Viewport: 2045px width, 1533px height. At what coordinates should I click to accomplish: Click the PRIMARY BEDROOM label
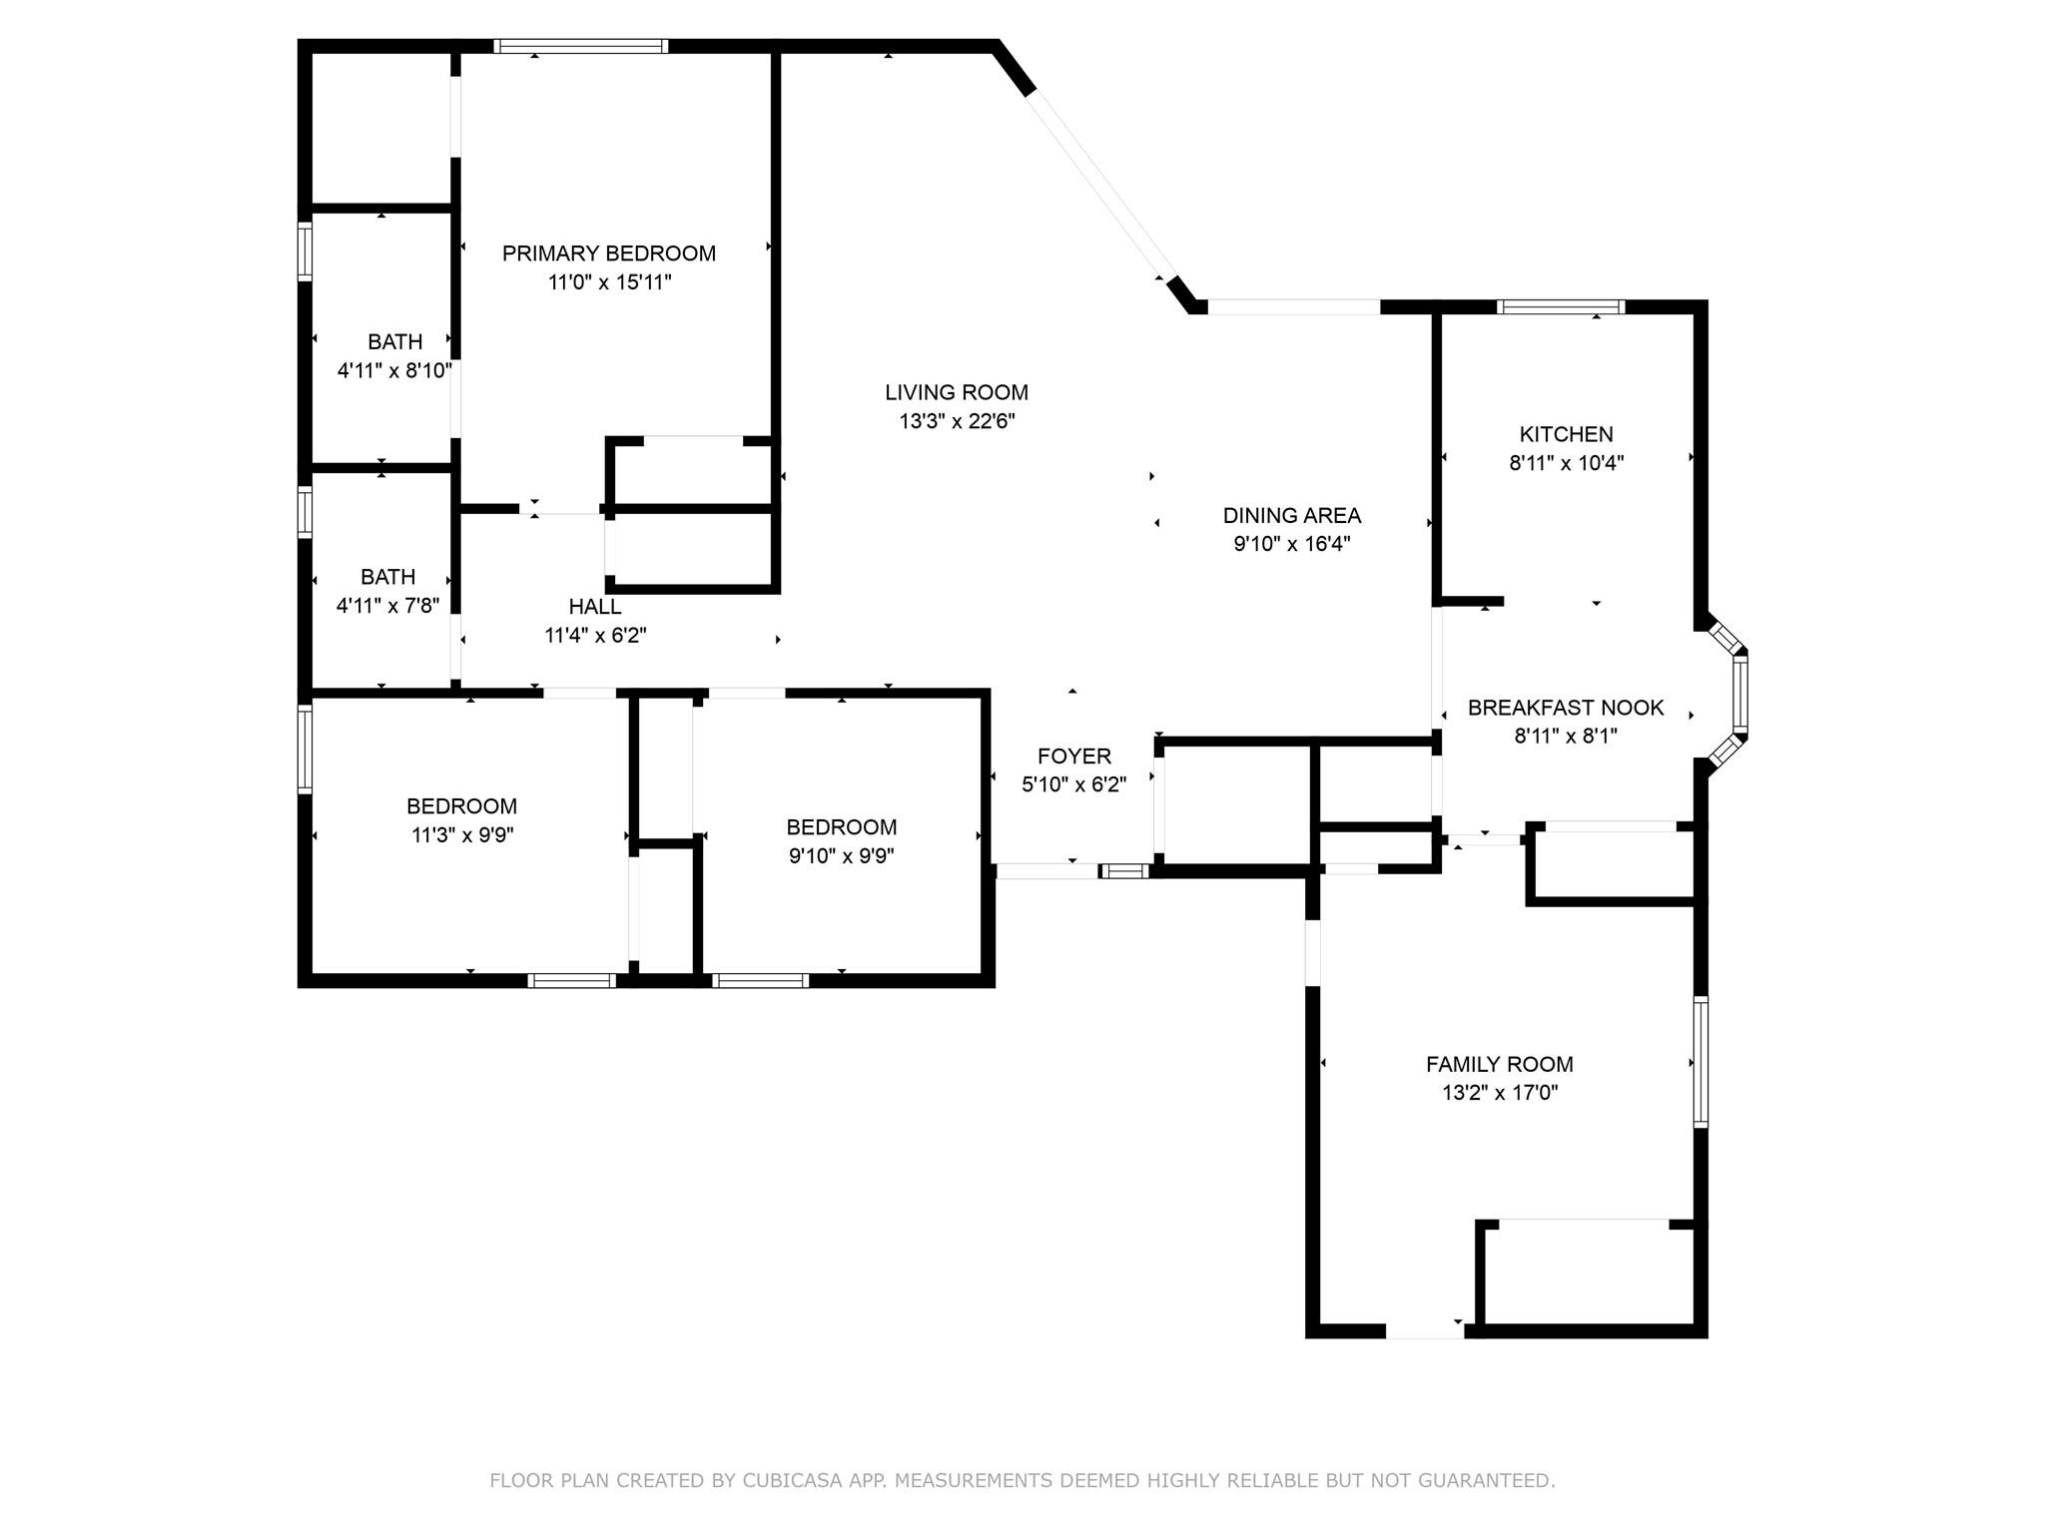pos(608,254)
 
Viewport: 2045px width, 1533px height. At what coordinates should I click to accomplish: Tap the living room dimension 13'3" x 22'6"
pos(957,421)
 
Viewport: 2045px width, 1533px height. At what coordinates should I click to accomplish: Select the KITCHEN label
pos(1566,434)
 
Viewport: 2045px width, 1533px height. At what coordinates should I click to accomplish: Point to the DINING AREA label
pos(1291,515)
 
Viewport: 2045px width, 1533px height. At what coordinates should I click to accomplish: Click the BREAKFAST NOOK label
pos(1565,708)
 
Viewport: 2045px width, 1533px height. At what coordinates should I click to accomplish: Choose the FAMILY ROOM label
pos(1499,1064)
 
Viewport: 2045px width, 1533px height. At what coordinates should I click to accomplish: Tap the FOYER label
pos(1073,756)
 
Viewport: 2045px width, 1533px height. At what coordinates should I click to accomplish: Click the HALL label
pos(595,606)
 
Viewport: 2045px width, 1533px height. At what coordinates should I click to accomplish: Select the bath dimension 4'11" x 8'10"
pos(394,371)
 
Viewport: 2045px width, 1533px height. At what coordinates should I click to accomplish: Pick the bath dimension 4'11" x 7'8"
pos(387,606)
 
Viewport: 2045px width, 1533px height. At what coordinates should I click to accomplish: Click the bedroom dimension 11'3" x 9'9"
pos(462,835)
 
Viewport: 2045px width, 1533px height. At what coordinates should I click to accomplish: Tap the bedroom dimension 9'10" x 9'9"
pos(841,856)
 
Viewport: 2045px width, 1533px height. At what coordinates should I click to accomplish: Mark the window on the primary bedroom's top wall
pos(580,46)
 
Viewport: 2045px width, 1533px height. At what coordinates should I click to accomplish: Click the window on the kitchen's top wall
pos(1560,307)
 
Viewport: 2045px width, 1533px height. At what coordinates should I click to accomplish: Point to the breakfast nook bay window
pos(1739,691)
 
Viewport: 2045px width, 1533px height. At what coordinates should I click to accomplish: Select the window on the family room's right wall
pos(1701,1061)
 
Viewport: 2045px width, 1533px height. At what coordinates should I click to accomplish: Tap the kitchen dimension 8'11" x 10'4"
pos(1566,463)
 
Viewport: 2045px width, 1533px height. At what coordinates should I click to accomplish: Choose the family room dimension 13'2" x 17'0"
pos(1499,1093)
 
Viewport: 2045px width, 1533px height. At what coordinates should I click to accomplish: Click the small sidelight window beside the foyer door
pos(1125,871)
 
